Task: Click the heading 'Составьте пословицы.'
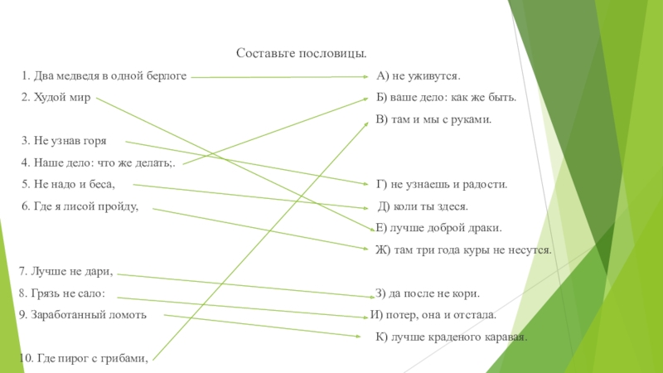pos(302,53)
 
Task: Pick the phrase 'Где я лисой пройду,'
pos(80,206)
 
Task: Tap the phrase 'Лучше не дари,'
pos(65,271)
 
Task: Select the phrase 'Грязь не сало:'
pos(67,293)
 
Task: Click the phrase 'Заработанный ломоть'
pos(83,315)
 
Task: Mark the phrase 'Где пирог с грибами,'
pos(83,358)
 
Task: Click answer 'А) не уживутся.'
pos(418,76)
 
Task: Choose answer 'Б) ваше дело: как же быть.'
pos(446,98)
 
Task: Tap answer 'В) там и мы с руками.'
pos(433,119)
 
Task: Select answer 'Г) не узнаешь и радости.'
pos(441,184)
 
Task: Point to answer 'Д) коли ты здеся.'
pos(423,206)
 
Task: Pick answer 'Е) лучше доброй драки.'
pos(438,228)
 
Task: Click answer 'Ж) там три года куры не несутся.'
pos(463,249)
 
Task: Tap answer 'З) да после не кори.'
pos(427,293)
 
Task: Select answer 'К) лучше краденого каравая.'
pos(451,337)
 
